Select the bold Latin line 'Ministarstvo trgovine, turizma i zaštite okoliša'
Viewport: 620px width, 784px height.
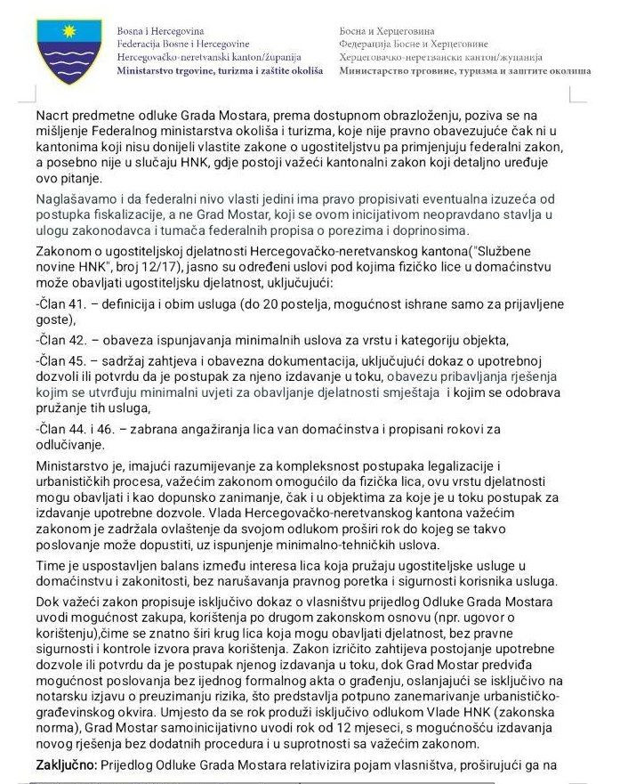(x=220, y=69)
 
